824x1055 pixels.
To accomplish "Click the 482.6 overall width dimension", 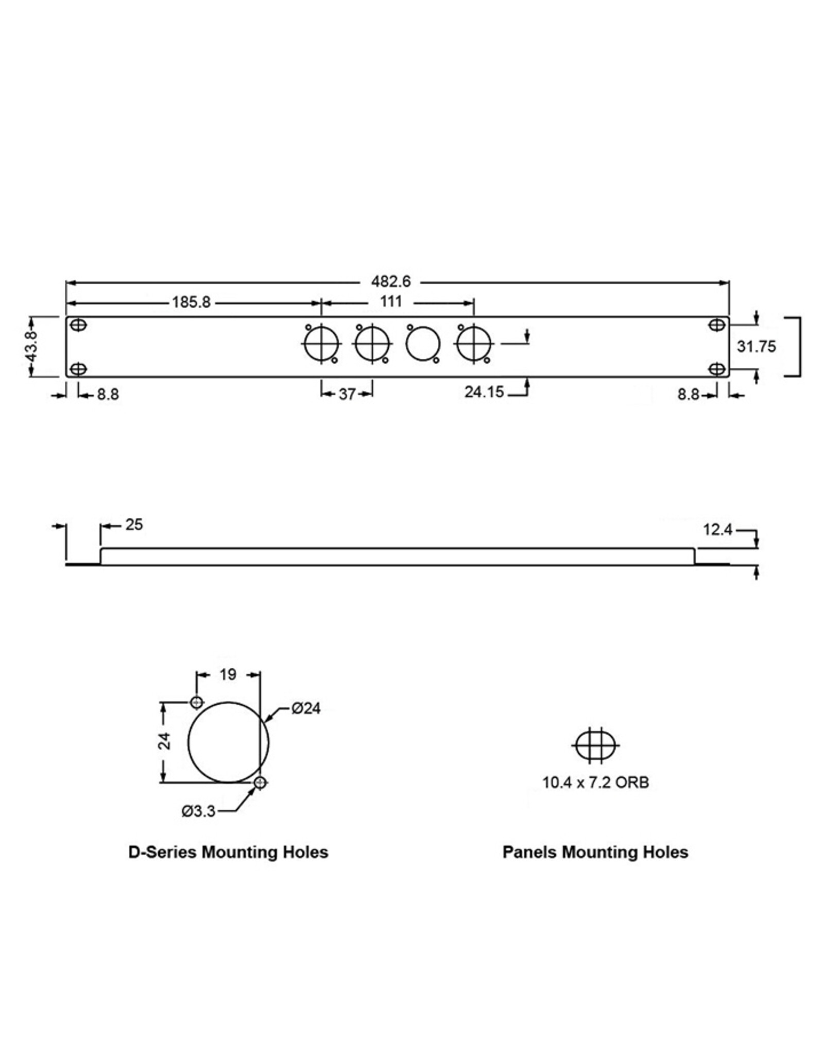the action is tap(391, 282).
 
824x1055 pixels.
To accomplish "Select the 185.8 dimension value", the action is tap(191, 302).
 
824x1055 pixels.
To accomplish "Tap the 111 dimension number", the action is tap(391, 302).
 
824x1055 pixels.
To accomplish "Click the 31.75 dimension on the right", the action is tap(756, 347).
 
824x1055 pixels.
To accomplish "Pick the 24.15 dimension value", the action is tap(484, 392).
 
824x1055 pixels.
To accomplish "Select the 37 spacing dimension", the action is tap(347, 394).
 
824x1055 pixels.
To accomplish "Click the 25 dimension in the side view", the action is tap(134, 525).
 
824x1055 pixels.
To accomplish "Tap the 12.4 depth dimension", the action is tap(718, 530).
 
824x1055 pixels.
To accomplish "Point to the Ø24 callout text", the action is tap(306, 709).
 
